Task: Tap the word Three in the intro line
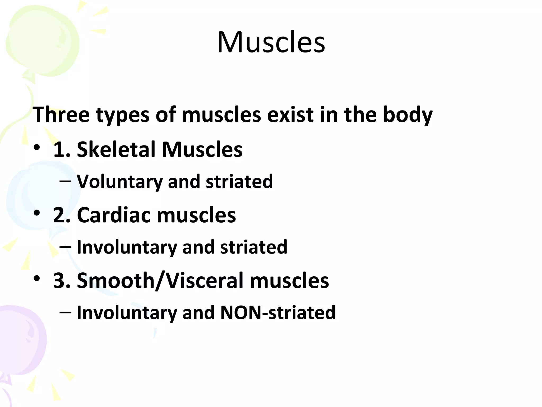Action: pyautogui.click(x=61, y=114)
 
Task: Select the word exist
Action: pyautogui.click(x=290, y=114)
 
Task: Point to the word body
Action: pyautogui.click(x=408, y=115)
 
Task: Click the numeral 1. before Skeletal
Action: pyautogui.click(x=62, y=149)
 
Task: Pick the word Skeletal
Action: pyautogui.click(x=116, y=149)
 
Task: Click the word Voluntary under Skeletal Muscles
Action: pyautogui.click(x=119, y=182)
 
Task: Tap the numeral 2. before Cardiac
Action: pyautogui.click(x=62, y=215)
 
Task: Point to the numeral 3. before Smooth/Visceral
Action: pyautogui.click(x=62, y=280)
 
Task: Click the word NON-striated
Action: pyautogui.click(x=278, y=313)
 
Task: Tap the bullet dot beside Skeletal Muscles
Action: pyautogui.click(x=37, y=147)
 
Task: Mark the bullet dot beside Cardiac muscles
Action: pyautogui.click(x=37, y=213)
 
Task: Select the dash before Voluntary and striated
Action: pyautogui.click(x=65, y=181)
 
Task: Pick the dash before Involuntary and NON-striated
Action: pyautogui.click(x=65, y=312)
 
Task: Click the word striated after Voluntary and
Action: pyautogui.click(x=239, y=182)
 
